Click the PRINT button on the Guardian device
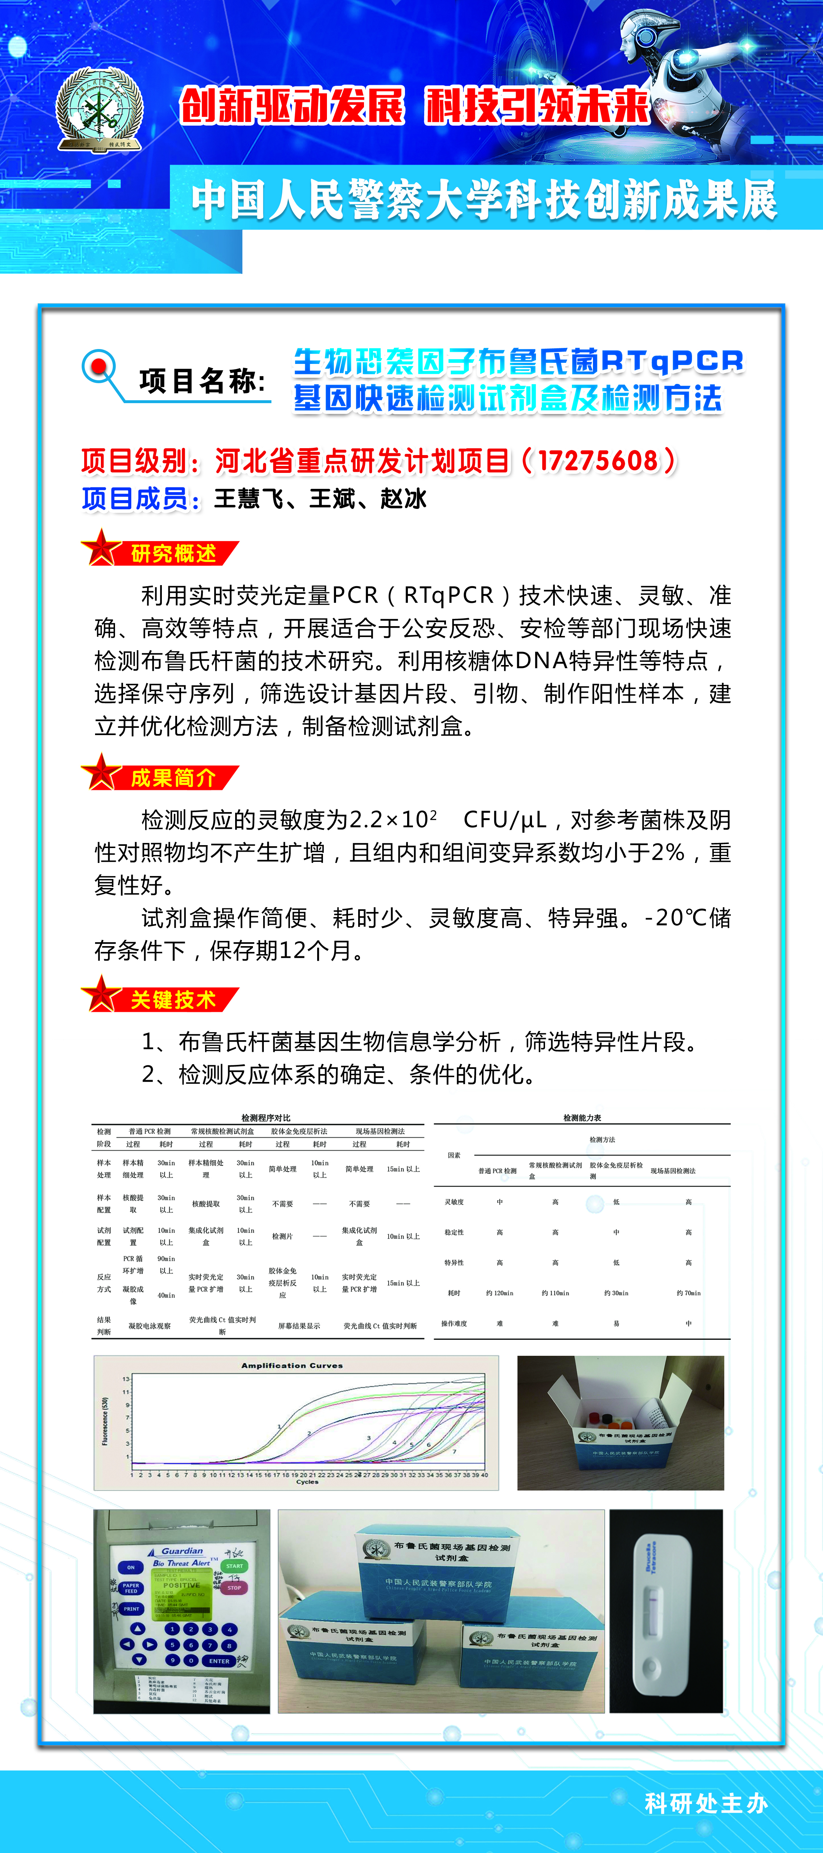131,1609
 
